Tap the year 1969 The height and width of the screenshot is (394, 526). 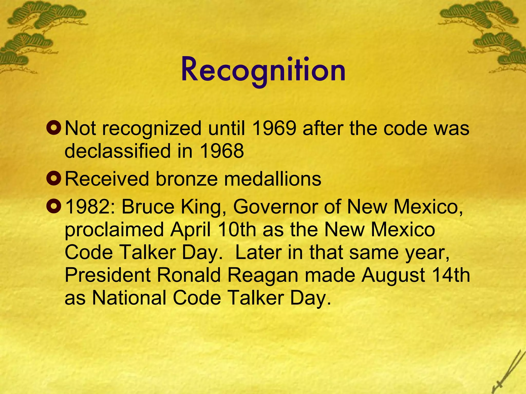click(274, 128)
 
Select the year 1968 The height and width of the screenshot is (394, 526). click(221, 151)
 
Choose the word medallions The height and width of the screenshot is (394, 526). click(273, 179)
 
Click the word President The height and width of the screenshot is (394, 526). click(108, 275)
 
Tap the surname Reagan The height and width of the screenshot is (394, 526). click(262, 275)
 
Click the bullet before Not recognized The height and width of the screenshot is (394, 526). click(54, 128)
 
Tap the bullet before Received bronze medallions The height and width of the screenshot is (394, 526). click(54, 179)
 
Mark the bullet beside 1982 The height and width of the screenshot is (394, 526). click(54, 206)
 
